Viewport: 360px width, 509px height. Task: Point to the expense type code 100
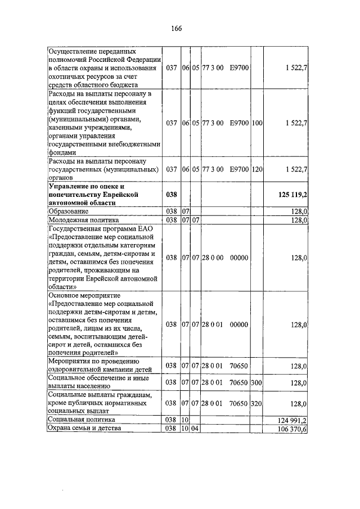coord(257,122)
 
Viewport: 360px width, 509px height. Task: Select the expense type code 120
coord(257,169)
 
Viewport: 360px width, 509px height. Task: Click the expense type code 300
coord(257,382)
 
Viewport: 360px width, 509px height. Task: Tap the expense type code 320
coord(257,404)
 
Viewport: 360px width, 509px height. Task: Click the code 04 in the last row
coord(196,429)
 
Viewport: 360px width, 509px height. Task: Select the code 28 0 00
coord(213,258)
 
